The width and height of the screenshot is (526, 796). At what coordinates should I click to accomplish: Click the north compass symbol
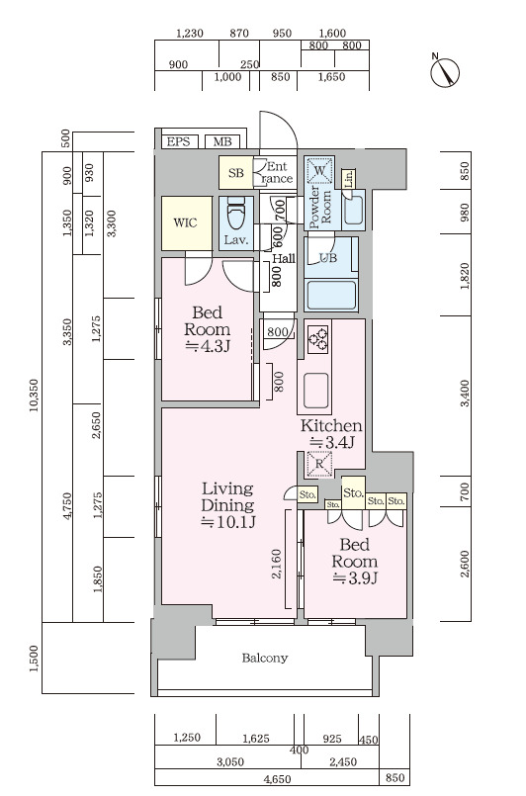tap(445, 71)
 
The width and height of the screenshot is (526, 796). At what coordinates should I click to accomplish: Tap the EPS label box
tap(179, 141)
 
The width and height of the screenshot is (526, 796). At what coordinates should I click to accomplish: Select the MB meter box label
tap(222, 141)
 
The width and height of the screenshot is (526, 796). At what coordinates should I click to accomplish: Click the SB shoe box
tap(236, 173)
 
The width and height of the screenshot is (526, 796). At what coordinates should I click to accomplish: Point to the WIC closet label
tap(185, 222)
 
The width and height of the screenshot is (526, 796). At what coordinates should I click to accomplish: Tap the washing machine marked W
tap(319, 171)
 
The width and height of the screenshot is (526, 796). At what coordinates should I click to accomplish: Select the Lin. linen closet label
tap(349, 178)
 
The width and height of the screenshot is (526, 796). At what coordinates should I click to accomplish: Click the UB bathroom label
tap(327, 258)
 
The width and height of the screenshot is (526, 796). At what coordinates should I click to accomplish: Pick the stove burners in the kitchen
tap(318, 338)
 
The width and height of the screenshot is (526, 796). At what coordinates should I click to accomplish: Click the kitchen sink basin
tap(315, 391)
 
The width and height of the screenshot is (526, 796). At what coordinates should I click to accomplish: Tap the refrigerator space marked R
tap(319, 464)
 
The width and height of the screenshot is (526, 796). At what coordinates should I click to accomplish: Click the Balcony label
tap(265, 659)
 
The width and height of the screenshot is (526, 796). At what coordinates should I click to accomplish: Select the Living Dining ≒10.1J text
tap(227, 504)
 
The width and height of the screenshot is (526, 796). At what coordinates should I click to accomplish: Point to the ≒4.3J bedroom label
tap(209, 347)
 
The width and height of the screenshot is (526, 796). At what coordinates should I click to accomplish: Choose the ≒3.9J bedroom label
tap(355, 578)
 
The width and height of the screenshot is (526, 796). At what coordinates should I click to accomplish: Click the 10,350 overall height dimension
tap(35, 395)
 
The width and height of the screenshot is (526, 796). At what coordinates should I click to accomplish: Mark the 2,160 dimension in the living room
tap(277, 564)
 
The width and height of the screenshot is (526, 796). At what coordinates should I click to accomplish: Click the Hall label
tap(284, 258)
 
